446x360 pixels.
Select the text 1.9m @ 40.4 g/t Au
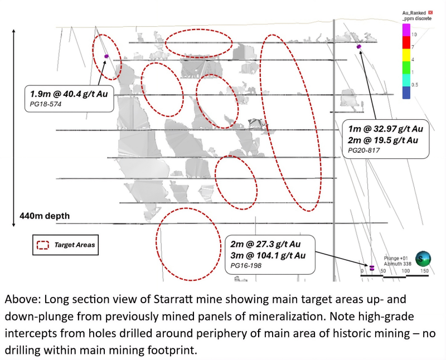(69, 94)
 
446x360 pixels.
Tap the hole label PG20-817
(364, 150)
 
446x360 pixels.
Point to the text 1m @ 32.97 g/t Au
(386, 129)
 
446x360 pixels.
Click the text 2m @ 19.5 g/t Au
(383, 140)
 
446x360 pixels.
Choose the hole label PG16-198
(246, 266)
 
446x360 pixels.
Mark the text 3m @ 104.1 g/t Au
(268, 255)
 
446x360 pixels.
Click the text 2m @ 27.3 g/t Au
(265, 244)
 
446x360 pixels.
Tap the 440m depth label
(45, 216)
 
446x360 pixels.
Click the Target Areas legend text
(75, 245)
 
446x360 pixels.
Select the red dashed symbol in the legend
(43, 245)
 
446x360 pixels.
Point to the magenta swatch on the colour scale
(406, 30)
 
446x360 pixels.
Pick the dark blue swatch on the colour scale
(406, 93)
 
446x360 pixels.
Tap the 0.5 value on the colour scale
(415, 85)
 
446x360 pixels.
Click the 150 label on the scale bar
(424, 271)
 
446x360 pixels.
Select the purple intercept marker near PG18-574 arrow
(106, 56)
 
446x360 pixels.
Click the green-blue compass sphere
(423, 259)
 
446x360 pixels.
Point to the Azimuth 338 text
(397, 264)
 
